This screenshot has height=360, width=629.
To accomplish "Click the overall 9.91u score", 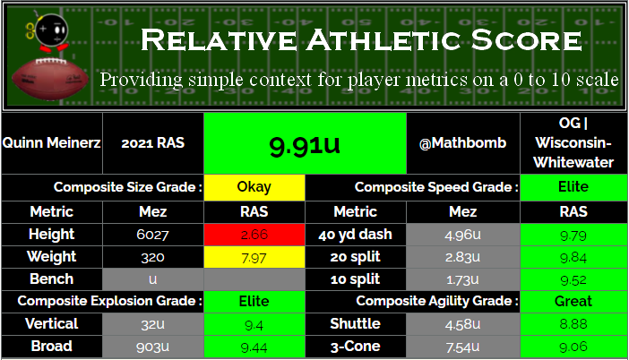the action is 305,145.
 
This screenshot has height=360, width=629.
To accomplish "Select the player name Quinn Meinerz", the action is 51,142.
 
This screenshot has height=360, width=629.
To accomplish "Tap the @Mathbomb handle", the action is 462,142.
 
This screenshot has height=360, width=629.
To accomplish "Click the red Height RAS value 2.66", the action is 254,234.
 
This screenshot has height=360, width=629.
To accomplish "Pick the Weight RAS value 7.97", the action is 254,258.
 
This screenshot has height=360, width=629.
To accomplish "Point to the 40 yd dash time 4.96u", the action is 462,235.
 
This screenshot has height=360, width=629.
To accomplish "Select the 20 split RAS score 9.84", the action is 573,257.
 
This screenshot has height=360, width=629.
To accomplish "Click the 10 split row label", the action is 355,279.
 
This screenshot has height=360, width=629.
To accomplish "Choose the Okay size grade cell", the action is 254,187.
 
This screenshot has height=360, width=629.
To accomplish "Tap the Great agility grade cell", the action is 573,301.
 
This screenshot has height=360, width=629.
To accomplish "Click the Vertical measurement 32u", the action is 153,324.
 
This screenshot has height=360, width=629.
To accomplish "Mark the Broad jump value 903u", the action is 153,347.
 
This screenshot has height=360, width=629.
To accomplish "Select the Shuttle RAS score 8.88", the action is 573,324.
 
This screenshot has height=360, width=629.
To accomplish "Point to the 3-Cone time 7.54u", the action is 462,347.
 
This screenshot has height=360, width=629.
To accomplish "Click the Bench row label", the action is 51,279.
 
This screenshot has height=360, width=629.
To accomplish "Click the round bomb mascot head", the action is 51,30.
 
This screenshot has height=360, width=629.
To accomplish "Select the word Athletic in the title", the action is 383,40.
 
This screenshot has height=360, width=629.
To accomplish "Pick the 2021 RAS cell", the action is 153,142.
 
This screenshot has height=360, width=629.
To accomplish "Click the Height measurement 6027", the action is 153,235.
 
